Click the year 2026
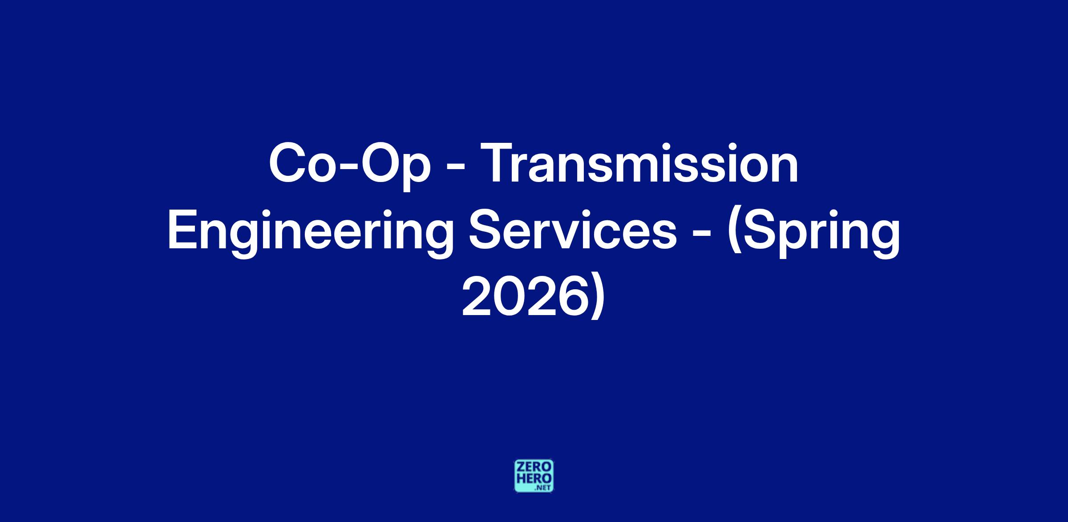tap(523, 296)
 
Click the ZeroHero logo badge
tap(534, 476)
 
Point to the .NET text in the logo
tap(544, 488)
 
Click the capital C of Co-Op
tap(287, 163)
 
